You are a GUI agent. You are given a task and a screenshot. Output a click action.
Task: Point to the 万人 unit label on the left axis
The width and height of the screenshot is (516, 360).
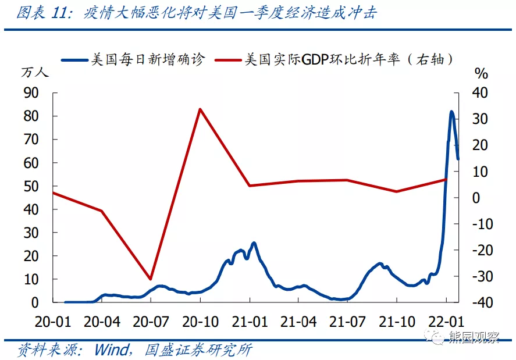pyautogui.click(x=35, y=73)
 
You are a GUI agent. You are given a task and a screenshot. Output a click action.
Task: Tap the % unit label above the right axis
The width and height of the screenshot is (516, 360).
pyautogui.click(x=481, y=73)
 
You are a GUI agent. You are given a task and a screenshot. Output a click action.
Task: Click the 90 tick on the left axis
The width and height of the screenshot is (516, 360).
pyautogui.click(x=30, y=92)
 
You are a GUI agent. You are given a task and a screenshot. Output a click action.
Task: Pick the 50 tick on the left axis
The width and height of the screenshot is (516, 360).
pyautogui.click(x=30, y=186)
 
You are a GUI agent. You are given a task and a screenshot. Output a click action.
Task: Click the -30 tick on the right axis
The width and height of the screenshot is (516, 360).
pyautogui.click(x=481, y=276)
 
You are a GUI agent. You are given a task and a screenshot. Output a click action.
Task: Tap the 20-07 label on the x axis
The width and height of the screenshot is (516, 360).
pyautogui.click(x=151, y=321)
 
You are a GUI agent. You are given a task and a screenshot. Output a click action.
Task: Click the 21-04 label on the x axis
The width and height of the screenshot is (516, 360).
pyautogui.click(x=298, y=321)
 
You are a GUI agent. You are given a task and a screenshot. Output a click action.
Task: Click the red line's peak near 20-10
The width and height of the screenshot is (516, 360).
pyautogui.click(x=200, y=109)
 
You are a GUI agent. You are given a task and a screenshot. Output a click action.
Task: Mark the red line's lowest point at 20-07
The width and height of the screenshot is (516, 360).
pyautogui.click(x=151, y=279)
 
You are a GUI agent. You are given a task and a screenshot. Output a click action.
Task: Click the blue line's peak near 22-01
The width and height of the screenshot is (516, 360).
pyautogui.click(x=452, y=112)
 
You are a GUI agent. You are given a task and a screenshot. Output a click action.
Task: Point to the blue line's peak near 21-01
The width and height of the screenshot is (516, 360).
pyautogui.click(x=254, y=243)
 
